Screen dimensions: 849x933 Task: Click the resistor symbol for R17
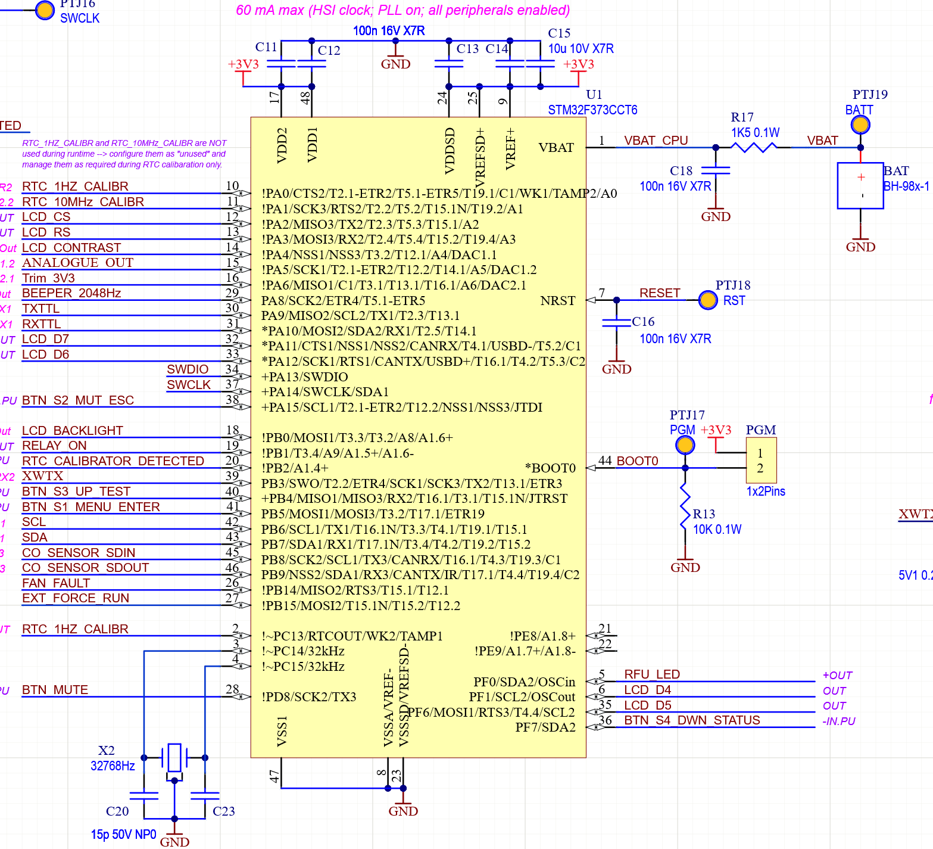click(x=754, y=147)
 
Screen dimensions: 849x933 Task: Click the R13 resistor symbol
click(x=685, y=506)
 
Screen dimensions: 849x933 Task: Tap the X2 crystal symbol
click(x=174, y=758)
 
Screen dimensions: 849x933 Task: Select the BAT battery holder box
click(x=860, y=186)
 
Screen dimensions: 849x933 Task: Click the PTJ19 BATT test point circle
click(x=860, y=125)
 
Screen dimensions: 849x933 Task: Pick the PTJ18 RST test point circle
click(x=708, y=300)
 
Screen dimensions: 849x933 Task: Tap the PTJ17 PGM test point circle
click(x=685, y=445)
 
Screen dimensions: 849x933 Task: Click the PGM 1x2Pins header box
click(x=761, y=461)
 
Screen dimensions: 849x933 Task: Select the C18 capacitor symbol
click(x=716, y=170)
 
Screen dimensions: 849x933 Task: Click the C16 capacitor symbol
click(x=616, y=323)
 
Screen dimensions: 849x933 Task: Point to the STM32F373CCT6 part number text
click(x=592, y=110)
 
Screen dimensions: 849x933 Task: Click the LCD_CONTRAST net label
click(x=71, y=248)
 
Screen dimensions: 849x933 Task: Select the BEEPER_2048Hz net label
click(x=71, y=293)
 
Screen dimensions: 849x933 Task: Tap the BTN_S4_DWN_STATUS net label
click(x=692, y=720)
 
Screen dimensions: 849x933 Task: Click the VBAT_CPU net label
click(x=656, y=141)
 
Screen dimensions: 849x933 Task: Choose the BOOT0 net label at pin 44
click(x=637, y=461)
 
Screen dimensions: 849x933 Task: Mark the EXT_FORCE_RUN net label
click(x=76, y=598)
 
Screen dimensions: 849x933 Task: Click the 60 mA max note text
click(x=402, y=10)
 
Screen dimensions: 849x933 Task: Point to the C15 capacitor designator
click(x=559, y=33)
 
